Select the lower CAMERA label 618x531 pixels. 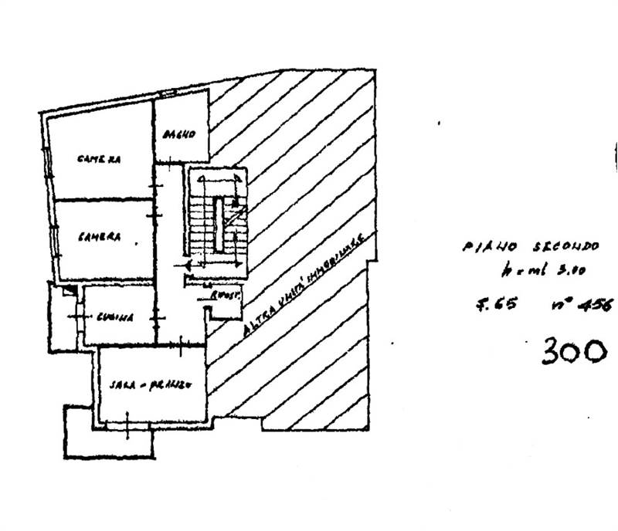[x=98, y=238]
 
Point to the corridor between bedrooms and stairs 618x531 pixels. [x=170, y=232]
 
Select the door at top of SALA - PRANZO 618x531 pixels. [x=181, y=347]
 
